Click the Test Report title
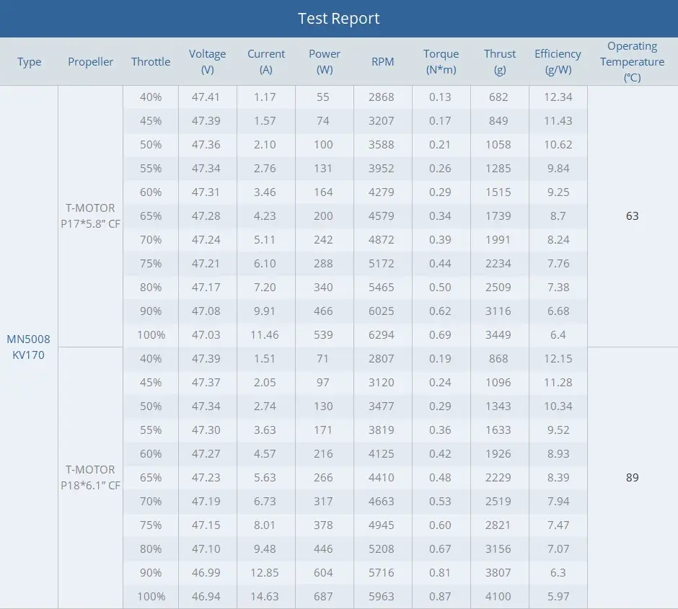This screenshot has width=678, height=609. coord(338,19)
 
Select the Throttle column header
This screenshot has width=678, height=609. coord(151,62)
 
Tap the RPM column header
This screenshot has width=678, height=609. coord(382,62)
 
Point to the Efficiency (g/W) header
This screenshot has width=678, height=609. coord(558,62)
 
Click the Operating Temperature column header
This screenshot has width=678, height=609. coord(632,62)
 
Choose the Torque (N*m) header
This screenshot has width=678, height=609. coord(441,62)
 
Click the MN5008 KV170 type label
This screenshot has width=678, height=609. coord(29,347)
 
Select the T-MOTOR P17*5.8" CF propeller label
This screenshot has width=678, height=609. coord(90,215)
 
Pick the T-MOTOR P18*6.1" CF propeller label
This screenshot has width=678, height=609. coord(90,477)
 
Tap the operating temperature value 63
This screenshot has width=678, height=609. coord(632,215)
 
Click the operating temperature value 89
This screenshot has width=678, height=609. coord(632,477)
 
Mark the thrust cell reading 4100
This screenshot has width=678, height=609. coord(498,596)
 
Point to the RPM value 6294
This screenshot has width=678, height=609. coord(382,334)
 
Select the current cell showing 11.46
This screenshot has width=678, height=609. coord(265,334)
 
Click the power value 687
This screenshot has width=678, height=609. coord(323,596)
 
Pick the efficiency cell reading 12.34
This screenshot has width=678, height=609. coord(558,97)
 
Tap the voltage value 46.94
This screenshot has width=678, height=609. coord(206,596)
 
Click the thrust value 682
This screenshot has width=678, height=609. coord(498,97)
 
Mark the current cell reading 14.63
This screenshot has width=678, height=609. coord(265,596)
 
